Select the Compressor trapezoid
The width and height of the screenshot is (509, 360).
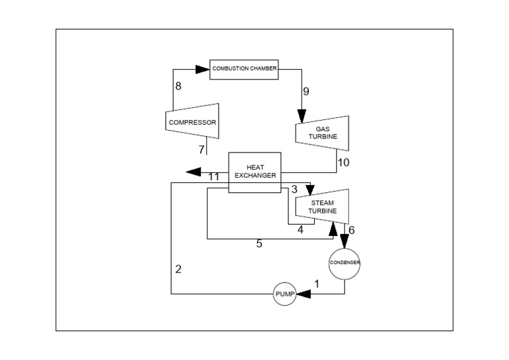(192, 121)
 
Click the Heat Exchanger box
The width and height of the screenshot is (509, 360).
(254, 172)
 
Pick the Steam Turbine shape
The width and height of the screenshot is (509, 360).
(322, 206)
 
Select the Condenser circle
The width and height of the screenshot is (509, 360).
(345, 263)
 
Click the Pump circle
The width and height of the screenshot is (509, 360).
(284, 294)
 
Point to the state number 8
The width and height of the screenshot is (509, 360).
(178, 86)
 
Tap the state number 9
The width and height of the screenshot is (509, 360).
(306, 91)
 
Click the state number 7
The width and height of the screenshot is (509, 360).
(201, 150)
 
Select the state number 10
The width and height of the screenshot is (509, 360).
(343, 162)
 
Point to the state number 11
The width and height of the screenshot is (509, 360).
(213, 177)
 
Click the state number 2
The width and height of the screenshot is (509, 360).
(178, 269)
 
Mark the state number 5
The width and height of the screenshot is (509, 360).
(259, 244)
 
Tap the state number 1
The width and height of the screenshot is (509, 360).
(316, 284)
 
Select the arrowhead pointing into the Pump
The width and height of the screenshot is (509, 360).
(304, 294)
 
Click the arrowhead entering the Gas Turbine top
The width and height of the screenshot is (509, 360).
(302, 117)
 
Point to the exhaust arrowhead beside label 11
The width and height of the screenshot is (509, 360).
(194, 172)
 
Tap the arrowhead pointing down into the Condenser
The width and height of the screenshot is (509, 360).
(345, 241)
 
